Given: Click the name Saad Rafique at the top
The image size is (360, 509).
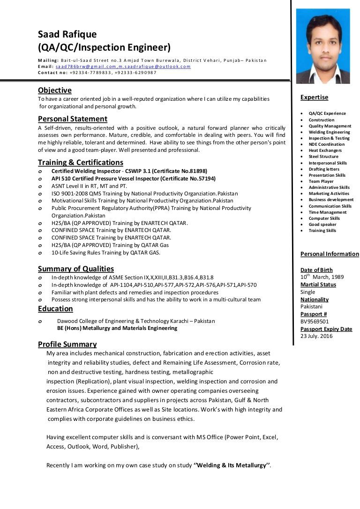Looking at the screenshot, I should tap(67, 34).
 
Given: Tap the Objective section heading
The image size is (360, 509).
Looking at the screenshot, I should tap(54, 90).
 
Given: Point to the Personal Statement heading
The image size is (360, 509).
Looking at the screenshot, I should tap(73, 119).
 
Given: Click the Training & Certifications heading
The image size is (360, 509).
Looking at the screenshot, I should tap(81, 162).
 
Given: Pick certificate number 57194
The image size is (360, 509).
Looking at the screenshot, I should tap(197, 179).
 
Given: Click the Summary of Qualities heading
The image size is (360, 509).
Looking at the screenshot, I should tap(76, 269).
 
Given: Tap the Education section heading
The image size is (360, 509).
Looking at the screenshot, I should tap(55, 308).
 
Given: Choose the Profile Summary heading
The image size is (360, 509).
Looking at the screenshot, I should tap(67, 344).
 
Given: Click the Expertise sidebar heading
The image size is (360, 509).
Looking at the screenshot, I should tap(314, 97).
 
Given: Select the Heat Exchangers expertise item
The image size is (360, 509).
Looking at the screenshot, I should tap(325, 150).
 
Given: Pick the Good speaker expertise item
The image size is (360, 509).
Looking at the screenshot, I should tap(322, 225).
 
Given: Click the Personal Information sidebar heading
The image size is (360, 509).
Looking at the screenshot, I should tap(330, 254).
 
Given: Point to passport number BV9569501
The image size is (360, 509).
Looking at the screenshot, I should tap(315, 322).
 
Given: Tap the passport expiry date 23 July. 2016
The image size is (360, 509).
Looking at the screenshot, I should tap(316, 336).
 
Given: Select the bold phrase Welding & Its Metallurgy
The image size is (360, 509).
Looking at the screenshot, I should tap(232, 465).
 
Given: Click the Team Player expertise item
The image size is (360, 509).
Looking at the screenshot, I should tap(321, 181).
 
